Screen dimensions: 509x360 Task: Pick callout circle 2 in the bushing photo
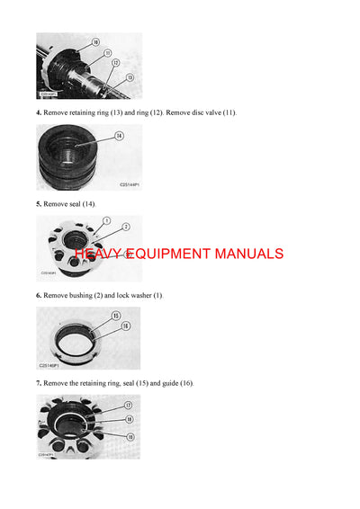126,227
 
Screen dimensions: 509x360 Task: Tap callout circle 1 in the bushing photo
106,220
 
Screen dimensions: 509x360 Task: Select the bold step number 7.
38,383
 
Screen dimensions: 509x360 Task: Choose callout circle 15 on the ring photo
115,315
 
